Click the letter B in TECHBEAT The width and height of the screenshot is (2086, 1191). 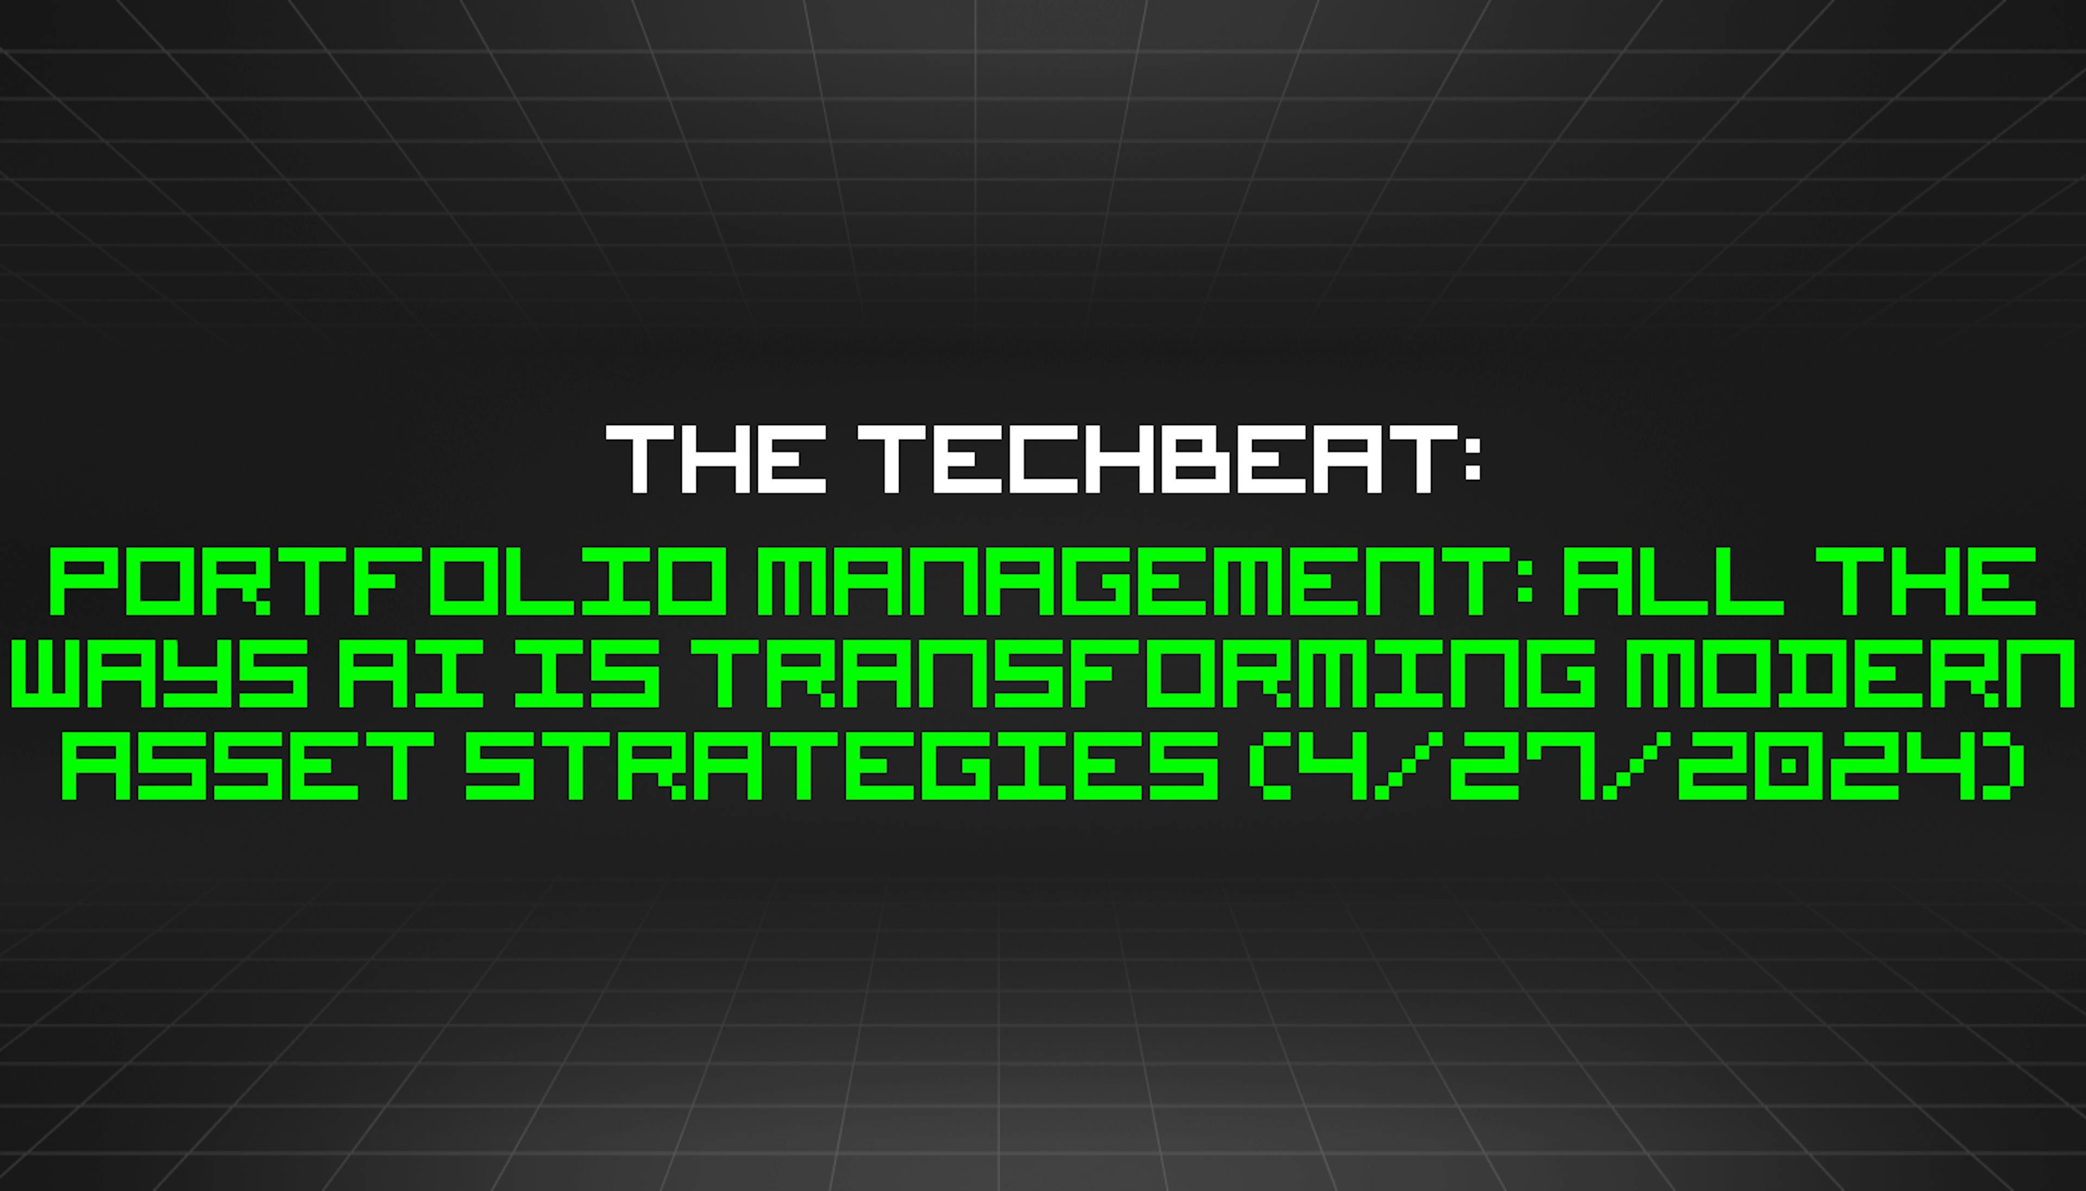(1184, 460)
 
